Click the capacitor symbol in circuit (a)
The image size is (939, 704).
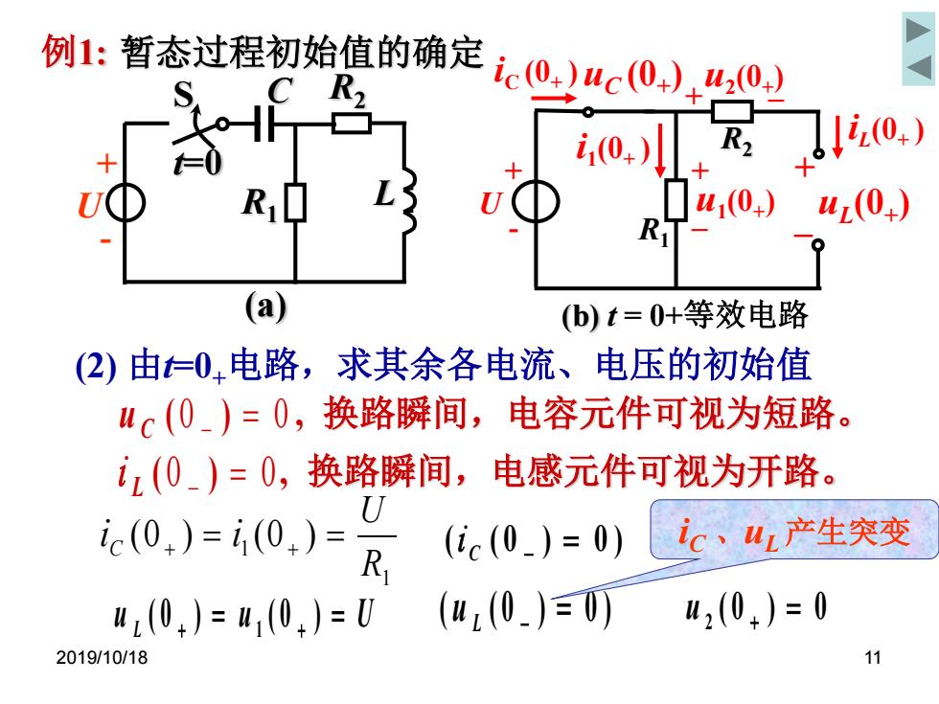264,124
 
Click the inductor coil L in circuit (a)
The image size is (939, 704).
410,201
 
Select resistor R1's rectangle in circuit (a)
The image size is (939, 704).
295,203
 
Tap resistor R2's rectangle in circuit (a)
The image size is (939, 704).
352,124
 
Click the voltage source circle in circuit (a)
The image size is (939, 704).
126,203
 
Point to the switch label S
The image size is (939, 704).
183,95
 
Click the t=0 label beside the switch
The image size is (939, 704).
198,163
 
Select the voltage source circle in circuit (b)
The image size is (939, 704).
536,202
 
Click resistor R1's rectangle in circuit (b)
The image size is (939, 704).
676,199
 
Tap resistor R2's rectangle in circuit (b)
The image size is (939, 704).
732,112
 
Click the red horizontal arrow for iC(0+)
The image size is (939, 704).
554,98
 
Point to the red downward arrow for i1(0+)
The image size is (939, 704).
660,150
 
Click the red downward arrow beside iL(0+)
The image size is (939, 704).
838,138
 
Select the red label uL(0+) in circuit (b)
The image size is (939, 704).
863,205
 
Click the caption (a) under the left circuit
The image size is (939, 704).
266,307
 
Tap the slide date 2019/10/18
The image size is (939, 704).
102,657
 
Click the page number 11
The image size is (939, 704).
873,657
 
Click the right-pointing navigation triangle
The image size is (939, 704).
918,31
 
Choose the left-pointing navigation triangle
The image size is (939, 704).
919,67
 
